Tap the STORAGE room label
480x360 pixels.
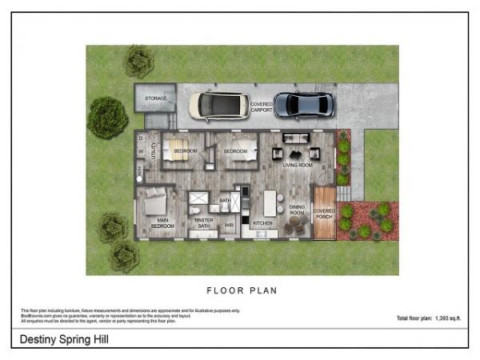tap(155, 98)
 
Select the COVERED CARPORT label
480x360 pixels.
tap(260, 106)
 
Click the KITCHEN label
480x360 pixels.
tap(263, 222)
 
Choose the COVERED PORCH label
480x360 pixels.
tap(324, 214)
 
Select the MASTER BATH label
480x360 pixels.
tap(204, 223)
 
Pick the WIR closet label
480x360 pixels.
tap(229, 225)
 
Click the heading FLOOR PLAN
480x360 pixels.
tap(242, 290)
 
